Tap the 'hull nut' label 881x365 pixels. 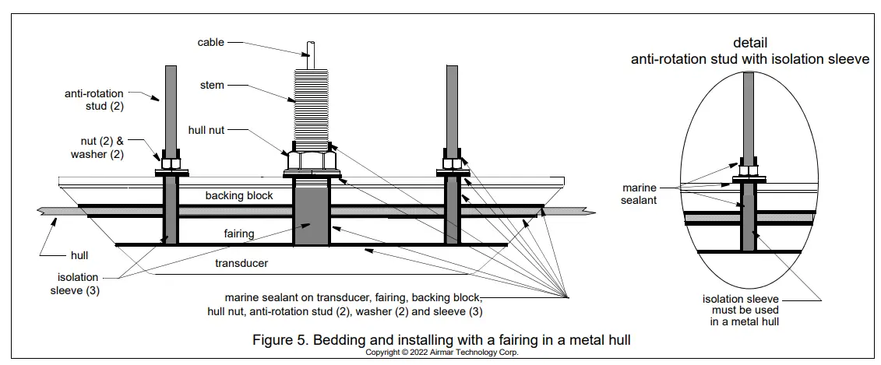tap(208, 129)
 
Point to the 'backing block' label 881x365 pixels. tap(239, 195)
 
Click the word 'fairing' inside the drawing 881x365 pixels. tap(240, 233)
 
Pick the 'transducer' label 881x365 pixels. tap(241, 263)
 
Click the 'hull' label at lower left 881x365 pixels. tap(79, 254)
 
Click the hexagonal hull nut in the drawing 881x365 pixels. tap(312, 161)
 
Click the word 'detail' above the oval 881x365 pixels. tap(749, 42)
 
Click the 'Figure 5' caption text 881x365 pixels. tap(441, 339)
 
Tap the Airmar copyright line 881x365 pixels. tap(441, 352)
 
